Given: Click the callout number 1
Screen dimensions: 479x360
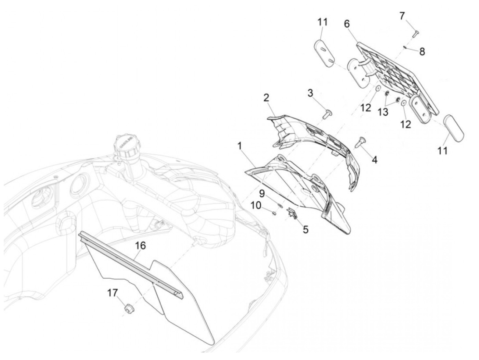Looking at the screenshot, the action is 240,146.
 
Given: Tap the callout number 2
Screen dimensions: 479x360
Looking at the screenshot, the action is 266,98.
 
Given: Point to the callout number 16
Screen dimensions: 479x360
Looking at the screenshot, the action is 140,246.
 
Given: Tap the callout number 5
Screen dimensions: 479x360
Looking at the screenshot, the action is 306,229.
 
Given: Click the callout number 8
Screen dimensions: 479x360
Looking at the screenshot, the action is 422,52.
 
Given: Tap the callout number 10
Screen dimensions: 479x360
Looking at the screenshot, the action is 256,205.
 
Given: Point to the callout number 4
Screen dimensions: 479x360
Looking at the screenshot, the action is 374,160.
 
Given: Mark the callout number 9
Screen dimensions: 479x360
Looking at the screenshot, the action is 262,193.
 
